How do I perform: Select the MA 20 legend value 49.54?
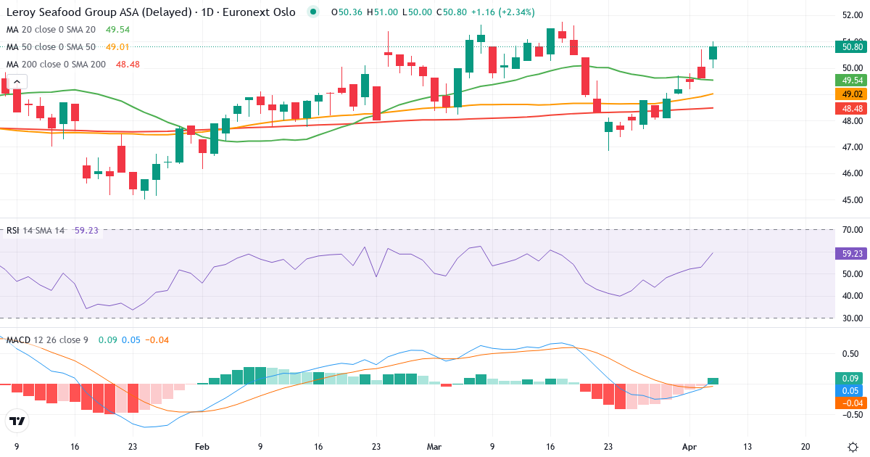coord(117,30)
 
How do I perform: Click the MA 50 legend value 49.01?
coord(117,47)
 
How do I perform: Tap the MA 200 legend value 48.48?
coord(127,65)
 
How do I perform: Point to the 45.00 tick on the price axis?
coord(851,200)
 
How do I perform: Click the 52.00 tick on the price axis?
coord(851,15)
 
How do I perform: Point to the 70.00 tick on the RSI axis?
coord(851,230)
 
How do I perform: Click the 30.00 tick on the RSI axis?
coord(851,318)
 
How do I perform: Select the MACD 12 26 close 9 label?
coord(47,340)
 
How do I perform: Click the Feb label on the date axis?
coord(202,447)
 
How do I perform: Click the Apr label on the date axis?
coord(689,447)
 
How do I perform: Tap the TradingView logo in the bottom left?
coord(17,421)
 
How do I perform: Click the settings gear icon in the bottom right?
coord(853,447)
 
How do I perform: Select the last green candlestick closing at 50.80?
coord(713,52)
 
